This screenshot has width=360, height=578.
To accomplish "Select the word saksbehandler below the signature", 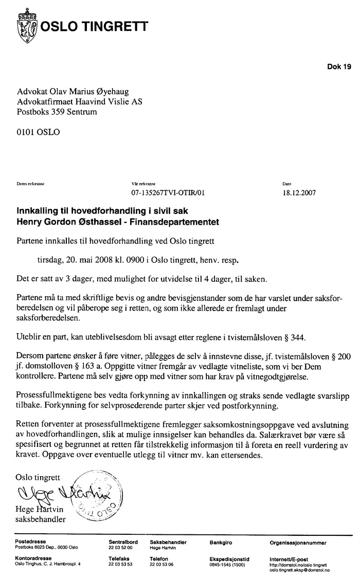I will pos(41,519).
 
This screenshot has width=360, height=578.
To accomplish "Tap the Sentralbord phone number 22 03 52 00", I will pos(120,548).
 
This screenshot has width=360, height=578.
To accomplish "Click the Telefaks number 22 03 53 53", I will pos(120,564).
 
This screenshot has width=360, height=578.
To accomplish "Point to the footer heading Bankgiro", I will pos(222,543).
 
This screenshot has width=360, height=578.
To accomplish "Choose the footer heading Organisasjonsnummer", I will pos(297,543).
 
